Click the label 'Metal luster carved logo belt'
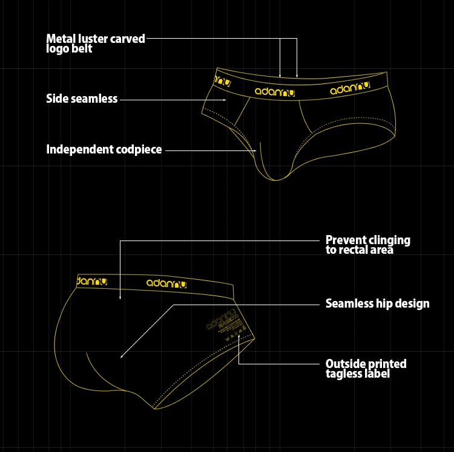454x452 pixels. pyautogui.click(x=96, y=44)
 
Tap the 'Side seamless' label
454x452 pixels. pyautogui.click(x=82, y=98)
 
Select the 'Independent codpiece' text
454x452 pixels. pyautogui.click(x=104, y=149)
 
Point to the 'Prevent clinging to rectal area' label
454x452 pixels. pyautogui.click(x=367, y=245)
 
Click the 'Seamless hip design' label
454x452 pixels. pyautogui.click(x=377, y=303)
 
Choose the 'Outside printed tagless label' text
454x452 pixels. pyautogui.click(x=366, y=369)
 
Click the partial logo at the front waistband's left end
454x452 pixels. pyautogui.click(x=223, y=80)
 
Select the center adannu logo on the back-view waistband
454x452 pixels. pyautogui.click(x=166, y=283)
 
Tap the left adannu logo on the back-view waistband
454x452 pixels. pyautogui.click(x=90, y=281)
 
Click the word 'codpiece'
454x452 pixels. pyautogui.click(x=138, y=149)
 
